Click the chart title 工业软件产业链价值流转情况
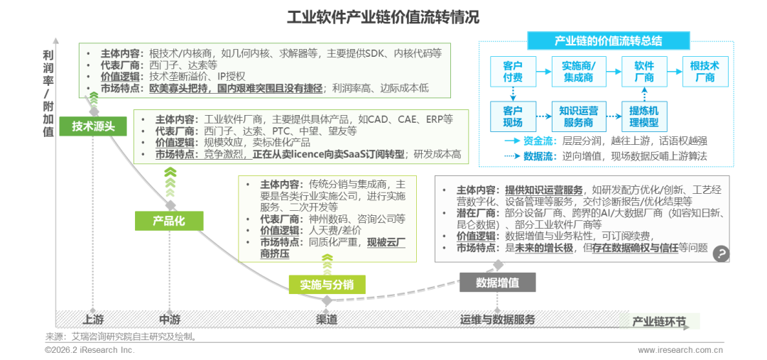pos(383,18)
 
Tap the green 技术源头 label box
pos(93,126)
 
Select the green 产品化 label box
pos(169,221)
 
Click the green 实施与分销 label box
pos(327,284)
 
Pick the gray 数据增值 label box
pos(497,282)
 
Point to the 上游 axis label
pos(93,320)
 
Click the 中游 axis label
pos(170,320)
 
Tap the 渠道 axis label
pos(326,320)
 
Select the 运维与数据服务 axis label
pos(497,320)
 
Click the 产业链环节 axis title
pos(659,322)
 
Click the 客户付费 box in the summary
pos(513,72)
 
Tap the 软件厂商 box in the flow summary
pos(644,72)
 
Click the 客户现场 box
pos(513,116)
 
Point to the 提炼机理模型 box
pos(644,116)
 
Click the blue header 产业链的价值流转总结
pos(609,41)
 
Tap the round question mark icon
pos(721,253)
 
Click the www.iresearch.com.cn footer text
pos(680,350)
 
